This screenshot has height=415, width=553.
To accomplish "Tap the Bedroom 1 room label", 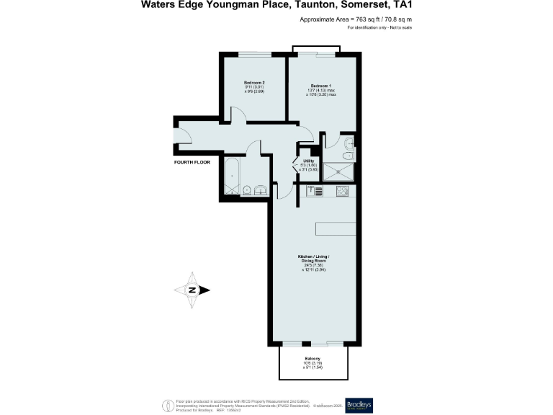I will click(x=321, y=85).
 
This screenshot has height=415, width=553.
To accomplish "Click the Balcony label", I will click(x=313, y=358).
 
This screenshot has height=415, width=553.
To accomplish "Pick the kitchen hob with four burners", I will click(x=341, y=191).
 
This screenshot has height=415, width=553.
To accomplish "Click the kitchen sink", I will click(x=313, y=191).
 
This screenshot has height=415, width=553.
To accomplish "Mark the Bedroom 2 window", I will click(x=255, y=54).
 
